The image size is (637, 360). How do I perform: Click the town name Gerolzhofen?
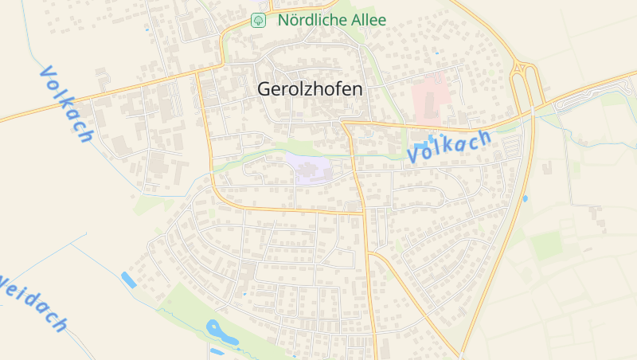pos(309,89)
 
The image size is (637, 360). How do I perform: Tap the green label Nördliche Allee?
pos(331,20)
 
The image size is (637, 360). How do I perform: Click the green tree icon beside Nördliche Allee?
pos(257,20)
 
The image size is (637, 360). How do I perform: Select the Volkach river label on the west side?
pos(65,104)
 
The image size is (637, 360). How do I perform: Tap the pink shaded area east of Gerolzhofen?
pos(431,95)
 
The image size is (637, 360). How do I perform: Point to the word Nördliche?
pos(311,20)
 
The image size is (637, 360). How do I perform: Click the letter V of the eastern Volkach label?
pos(414,156)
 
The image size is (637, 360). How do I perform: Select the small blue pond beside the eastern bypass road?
pos(525,198)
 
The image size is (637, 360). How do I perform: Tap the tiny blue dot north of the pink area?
pos(436,53)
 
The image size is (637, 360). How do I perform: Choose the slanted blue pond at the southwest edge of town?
pos(128,280)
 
